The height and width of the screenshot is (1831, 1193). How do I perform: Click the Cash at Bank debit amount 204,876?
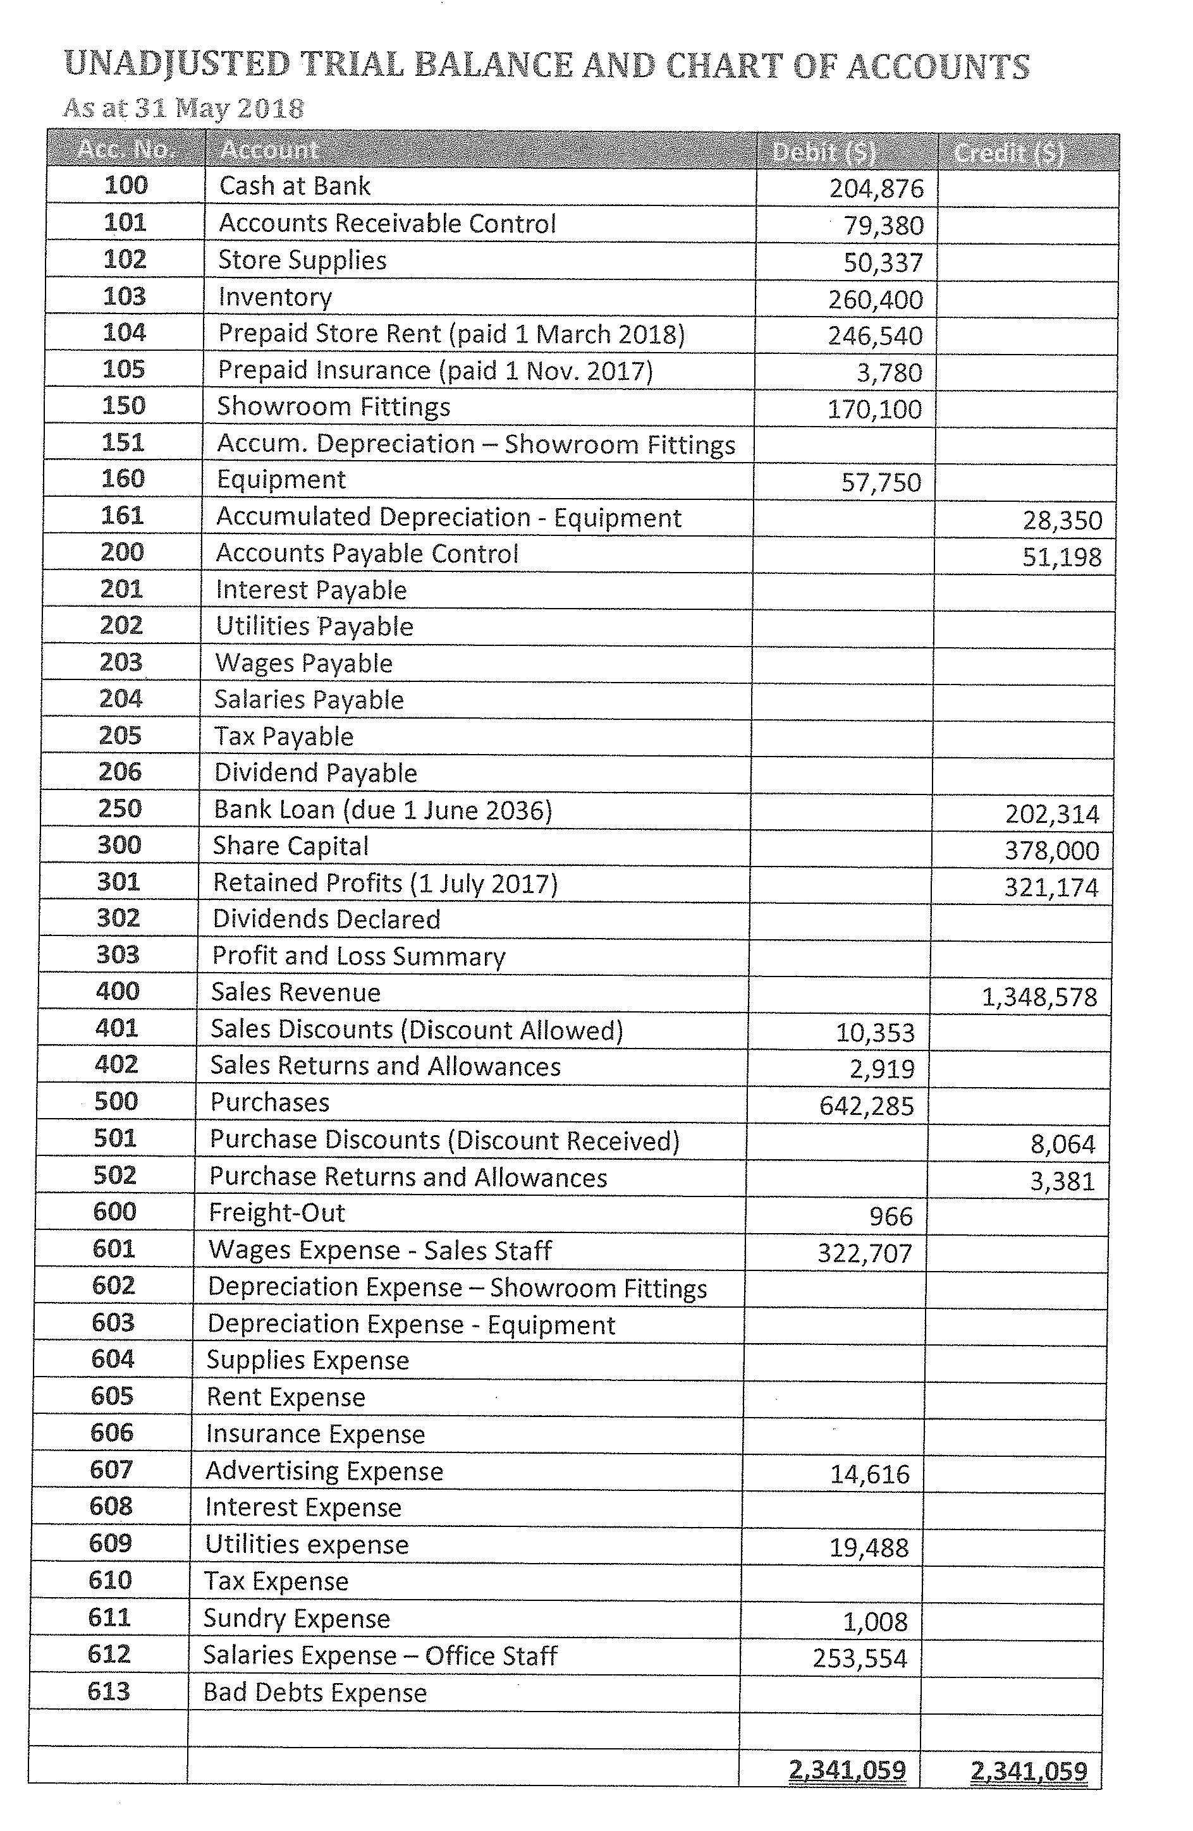[x=876, y=188]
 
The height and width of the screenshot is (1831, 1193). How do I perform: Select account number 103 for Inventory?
[x=125, y=296]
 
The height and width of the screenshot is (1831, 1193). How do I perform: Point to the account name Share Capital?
[x=291, y=846]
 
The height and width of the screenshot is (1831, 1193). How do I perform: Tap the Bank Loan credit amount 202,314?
[x=1052, y=814]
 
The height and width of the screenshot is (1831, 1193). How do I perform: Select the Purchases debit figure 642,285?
[x=867, y=1106]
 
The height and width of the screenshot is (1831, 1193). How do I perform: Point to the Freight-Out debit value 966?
[x=891, y=1216]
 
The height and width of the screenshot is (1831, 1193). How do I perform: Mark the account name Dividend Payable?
[x=315, y=773]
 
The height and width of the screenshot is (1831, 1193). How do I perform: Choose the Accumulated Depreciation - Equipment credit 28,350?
[x=1062, y=521]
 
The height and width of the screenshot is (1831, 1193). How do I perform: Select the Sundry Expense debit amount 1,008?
[x=875, y=1622]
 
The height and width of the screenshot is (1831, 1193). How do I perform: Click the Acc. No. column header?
[x=125, y=149]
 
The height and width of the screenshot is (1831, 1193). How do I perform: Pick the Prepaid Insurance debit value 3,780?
[x=889, y=373]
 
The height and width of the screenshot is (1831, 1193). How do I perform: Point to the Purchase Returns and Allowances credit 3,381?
[x=1062, y=1181]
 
